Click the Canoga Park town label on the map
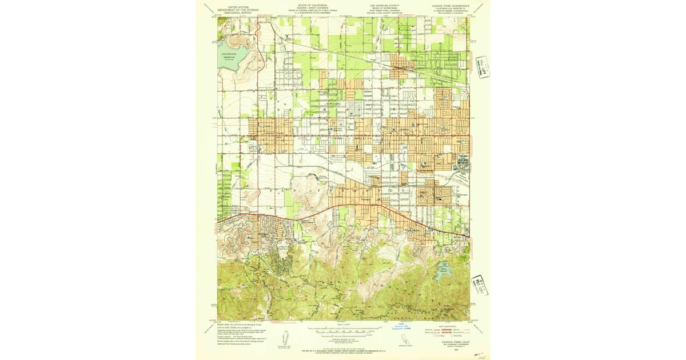[273, 133]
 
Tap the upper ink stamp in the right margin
[483, 67]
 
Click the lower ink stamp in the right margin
[479, 284]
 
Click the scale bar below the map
[343, 330]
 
